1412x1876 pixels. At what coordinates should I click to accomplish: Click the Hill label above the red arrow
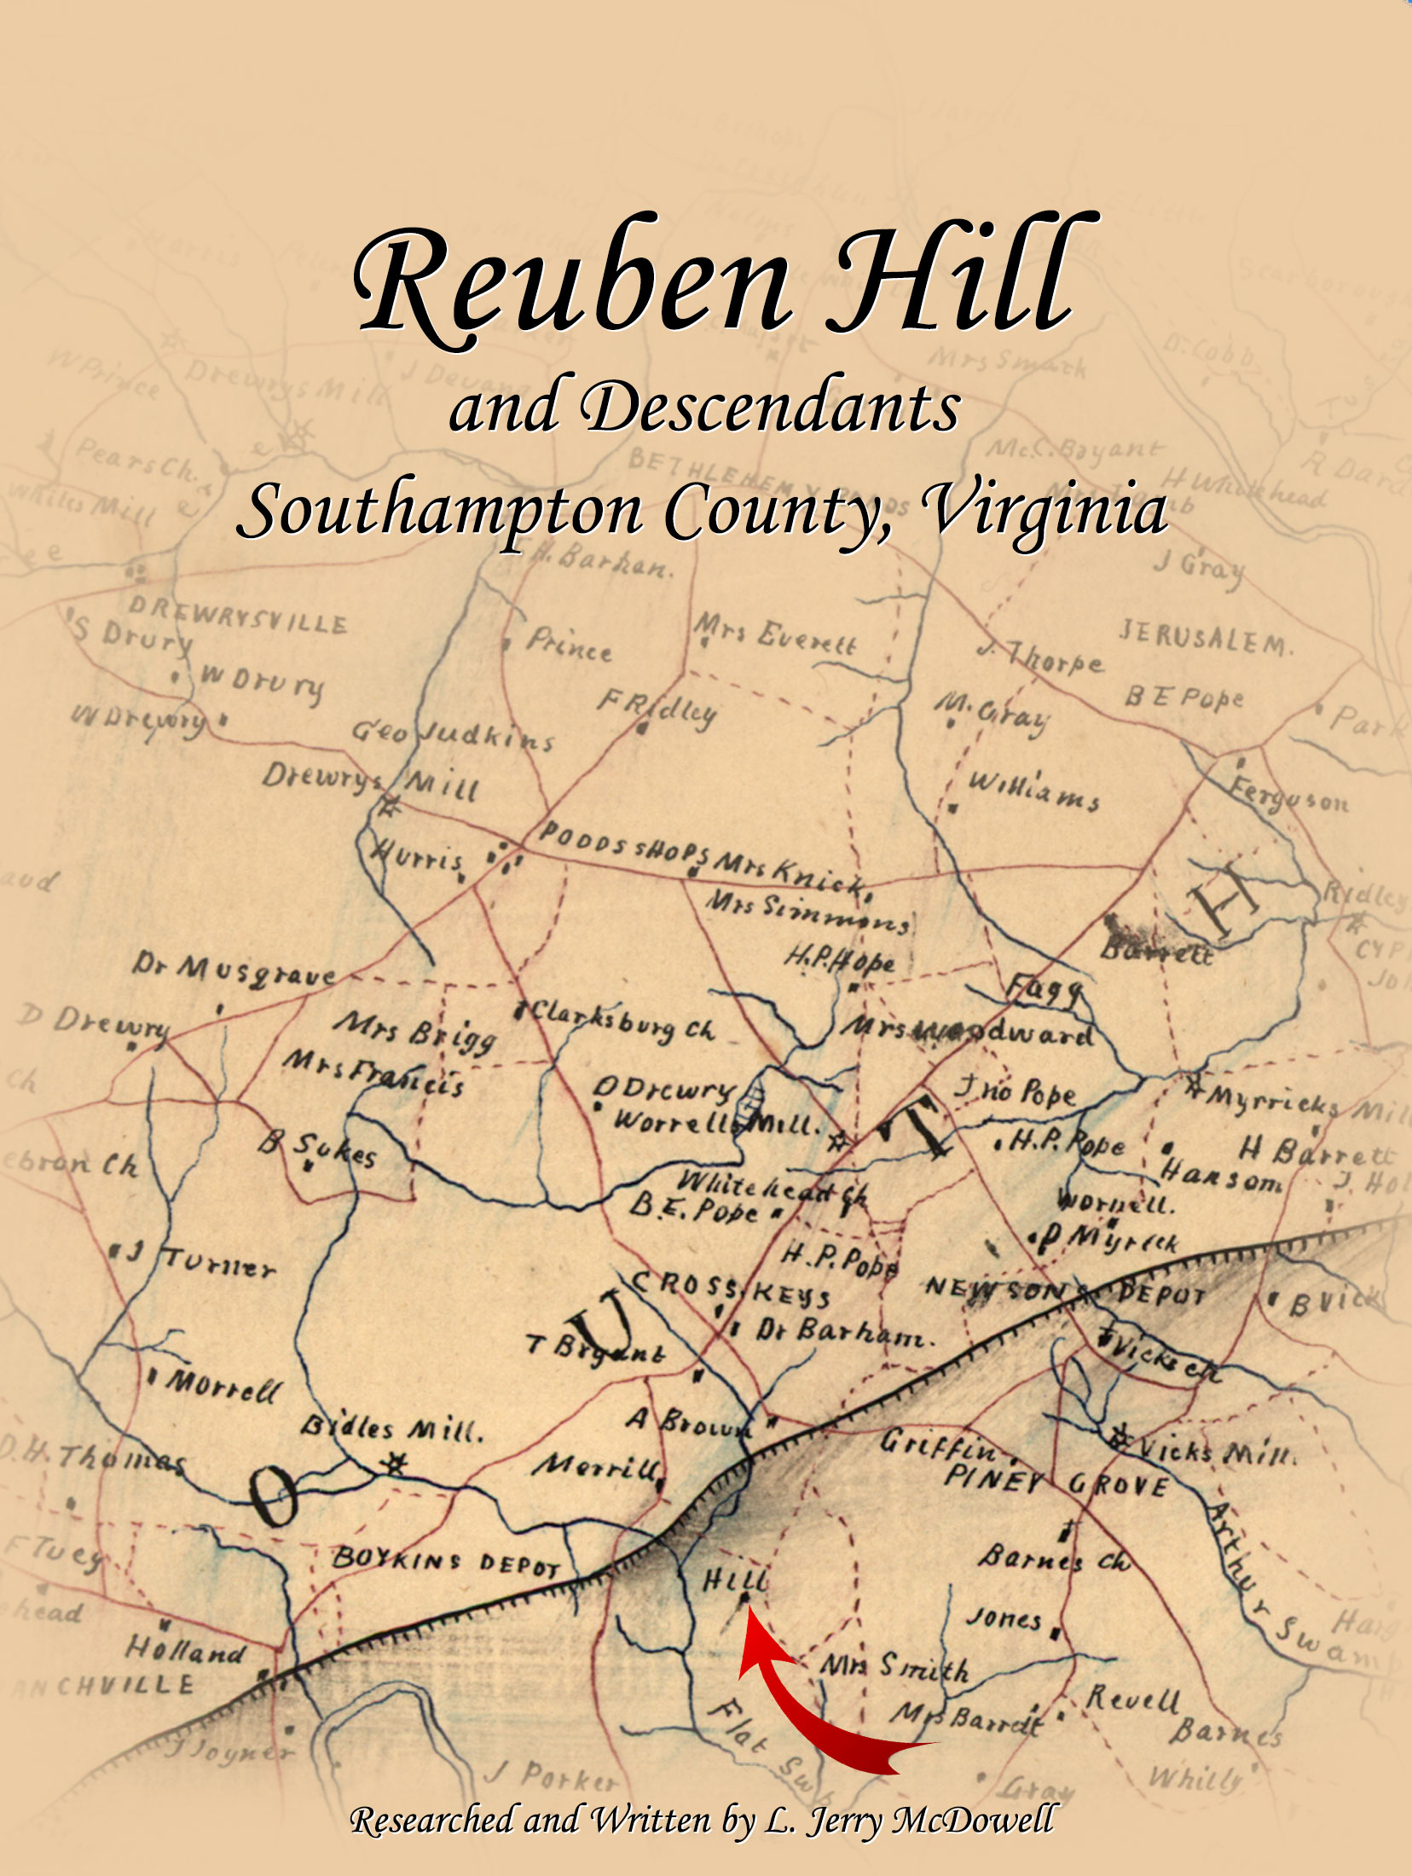pos(734,1579)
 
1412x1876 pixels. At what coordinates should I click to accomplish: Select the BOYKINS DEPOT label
pos(444,1561)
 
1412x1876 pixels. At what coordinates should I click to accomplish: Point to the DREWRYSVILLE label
pos(239,615)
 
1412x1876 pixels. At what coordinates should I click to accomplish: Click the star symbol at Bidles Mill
pos(393,1464)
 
